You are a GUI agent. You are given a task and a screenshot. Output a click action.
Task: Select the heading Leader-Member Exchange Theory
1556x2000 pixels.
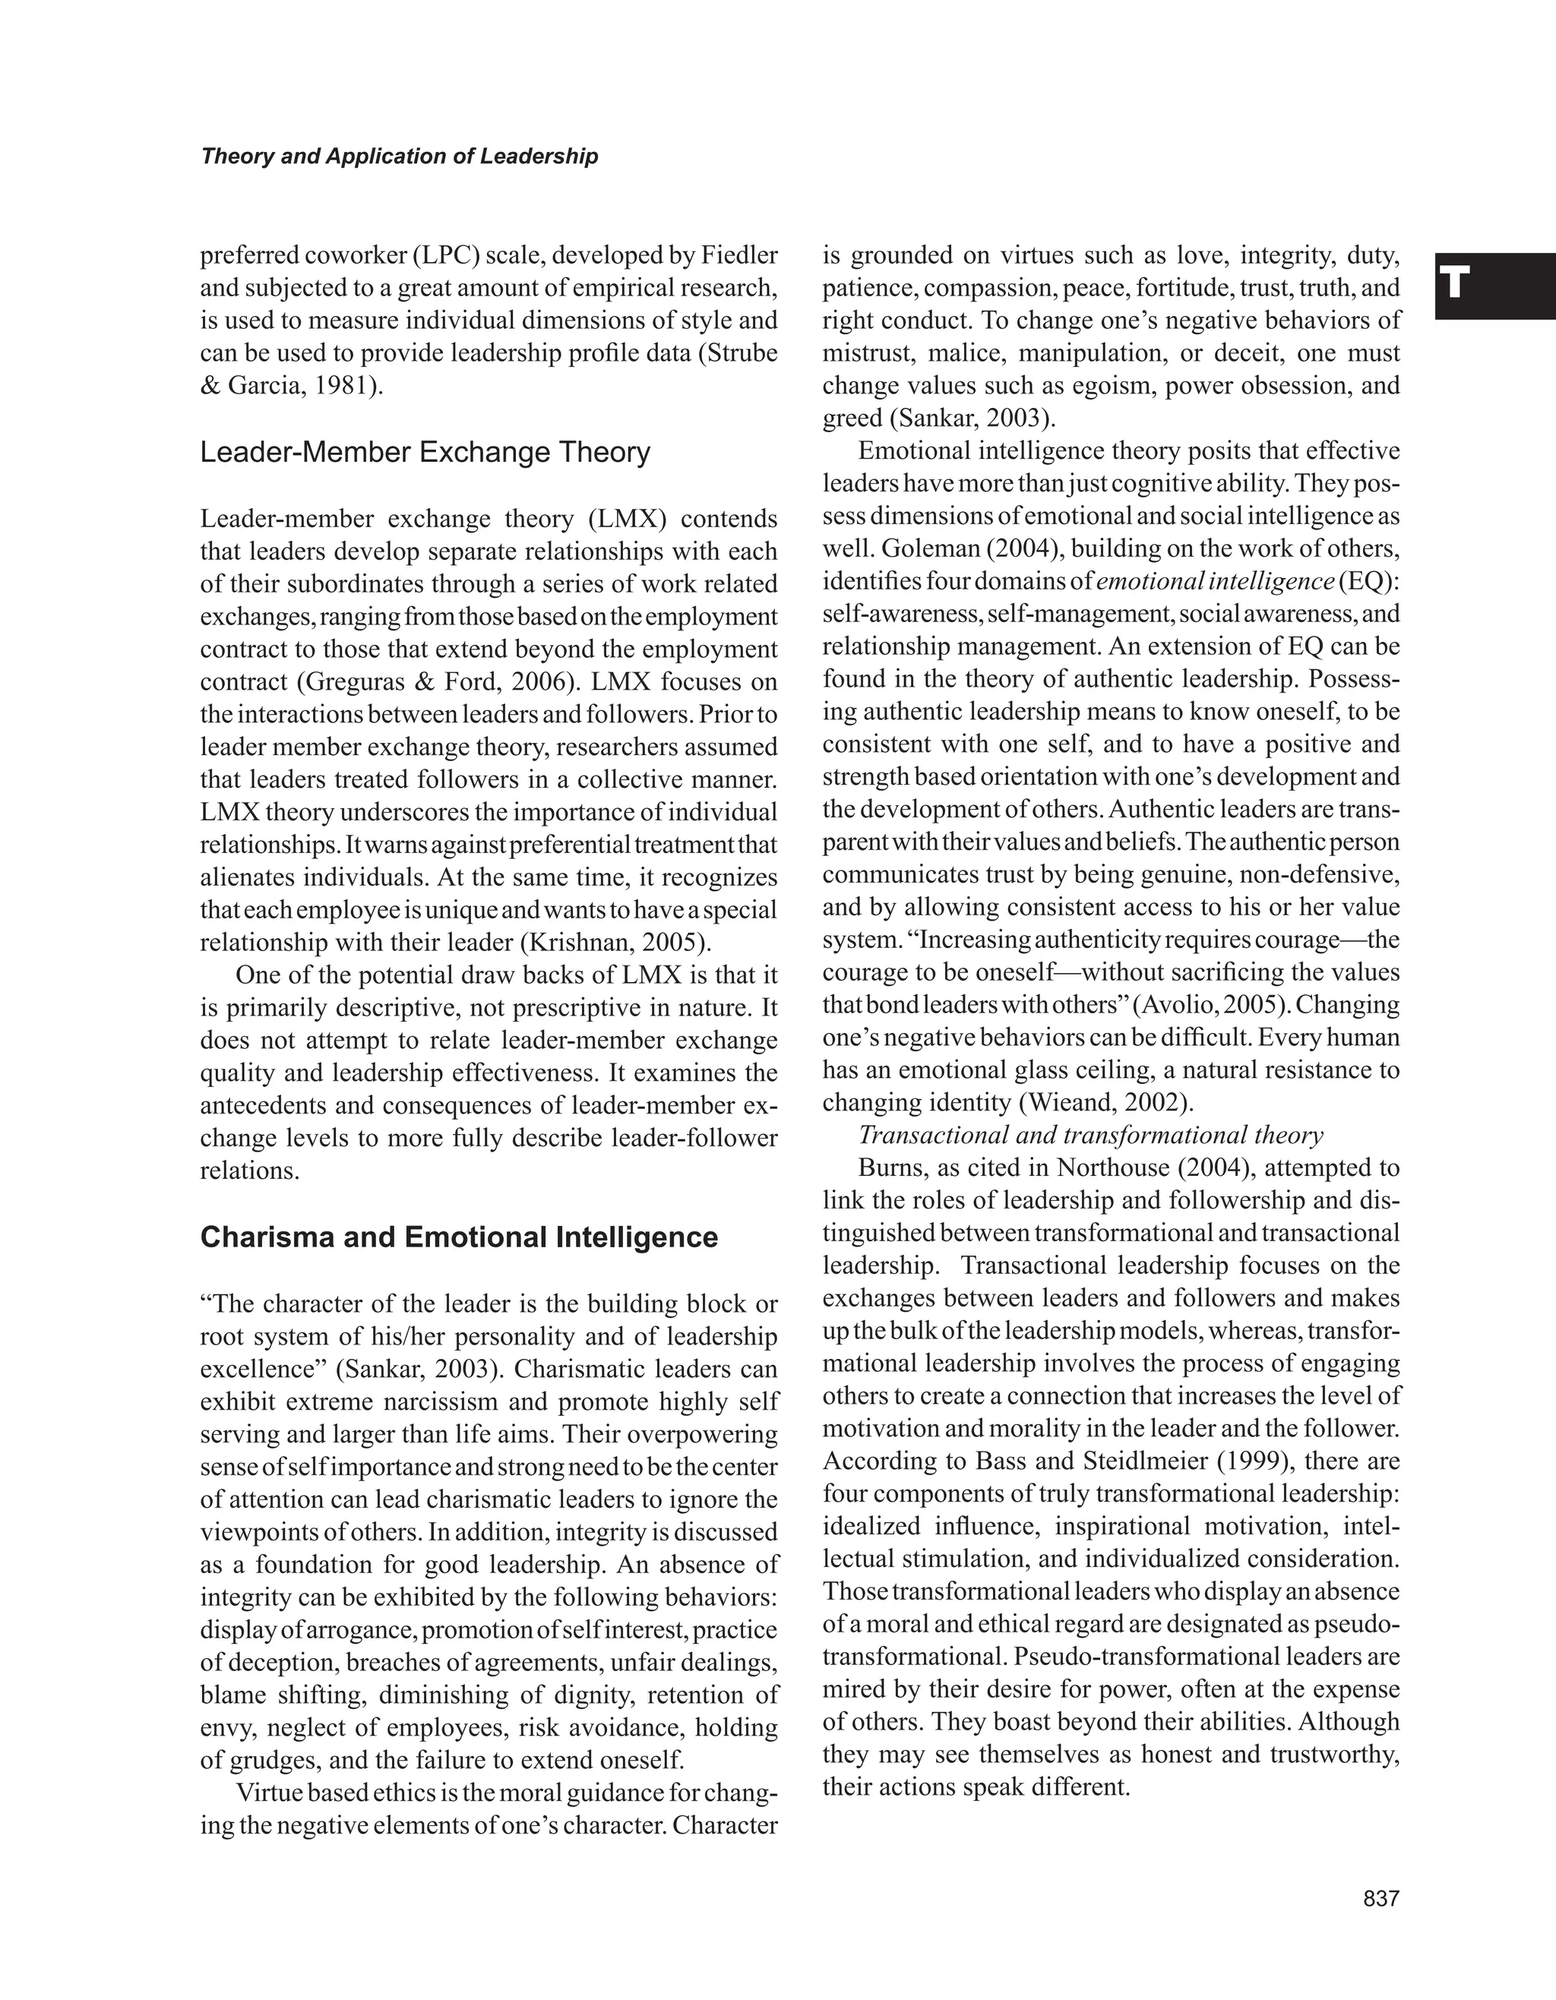[x=425, y=453]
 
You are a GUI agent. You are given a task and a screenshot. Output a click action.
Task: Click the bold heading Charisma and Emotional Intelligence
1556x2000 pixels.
[x=459, y=1237]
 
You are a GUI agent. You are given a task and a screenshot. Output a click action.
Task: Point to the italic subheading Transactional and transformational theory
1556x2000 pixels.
[x=1090, y=1136]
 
